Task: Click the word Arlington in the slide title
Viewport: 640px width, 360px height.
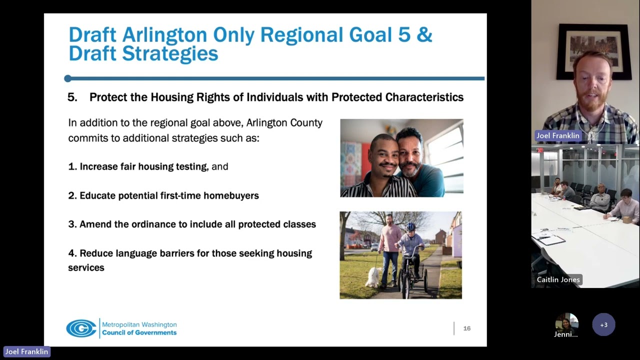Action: [x=164, y=35]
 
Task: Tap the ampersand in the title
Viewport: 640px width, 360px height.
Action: [x=424, y=34]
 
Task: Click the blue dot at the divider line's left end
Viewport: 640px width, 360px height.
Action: [x=67, y=78]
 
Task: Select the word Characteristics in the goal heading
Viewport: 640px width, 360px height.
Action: [x=424, y=97]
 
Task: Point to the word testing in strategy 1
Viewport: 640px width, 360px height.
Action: [x=191, y=166]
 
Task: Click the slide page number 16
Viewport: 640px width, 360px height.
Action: [x=467, y=328]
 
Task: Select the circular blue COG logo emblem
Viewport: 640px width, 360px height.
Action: [x=81, y=328]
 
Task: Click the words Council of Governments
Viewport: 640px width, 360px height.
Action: [x=139, y=332]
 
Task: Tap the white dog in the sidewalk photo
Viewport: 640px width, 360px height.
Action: [x=373, y=277]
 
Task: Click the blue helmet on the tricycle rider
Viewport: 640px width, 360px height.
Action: [x=410, y=227]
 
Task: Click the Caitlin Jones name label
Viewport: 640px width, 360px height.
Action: [x=558, y=279]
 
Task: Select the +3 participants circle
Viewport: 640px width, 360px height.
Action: [x=603, y=325]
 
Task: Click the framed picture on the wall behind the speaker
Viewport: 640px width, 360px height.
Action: [x=594, y=51]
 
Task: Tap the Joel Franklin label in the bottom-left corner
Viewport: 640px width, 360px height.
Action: [x=26, y=351]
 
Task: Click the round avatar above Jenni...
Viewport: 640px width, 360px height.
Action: [x=567, y=323]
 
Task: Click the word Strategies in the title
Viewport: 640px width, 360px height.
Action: [x=170, y=53]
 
